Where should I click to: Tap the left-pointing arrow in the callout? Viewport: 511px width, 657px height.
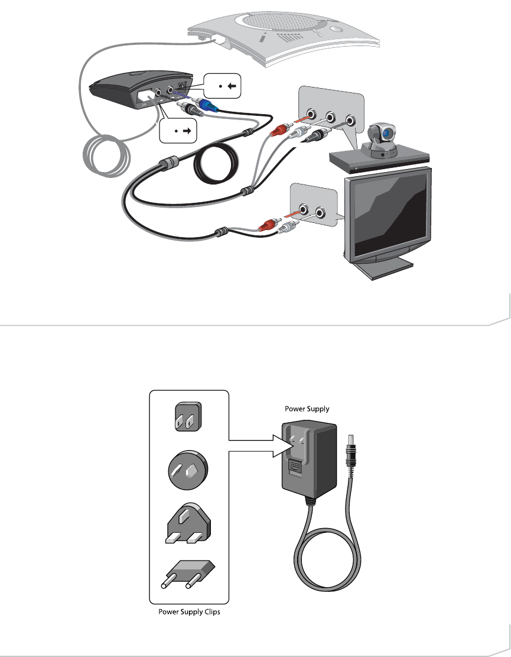tap(232, 86)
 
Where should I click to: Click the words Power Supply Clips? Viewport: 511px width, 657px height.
tap(188, 612)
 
